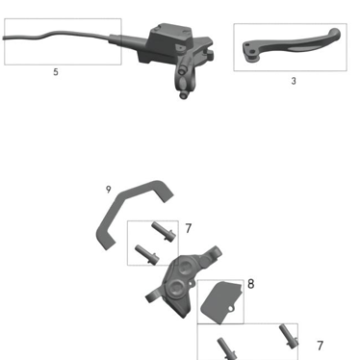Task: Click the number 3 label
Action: [x=294, y=81]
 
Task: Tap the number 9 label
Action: [x=109, y=190]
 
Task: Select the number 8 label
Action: [x=250, y=284]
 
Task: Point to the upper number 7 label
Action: [x=188, y=229]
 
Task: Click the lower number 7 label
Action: [x=320, y=346]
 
